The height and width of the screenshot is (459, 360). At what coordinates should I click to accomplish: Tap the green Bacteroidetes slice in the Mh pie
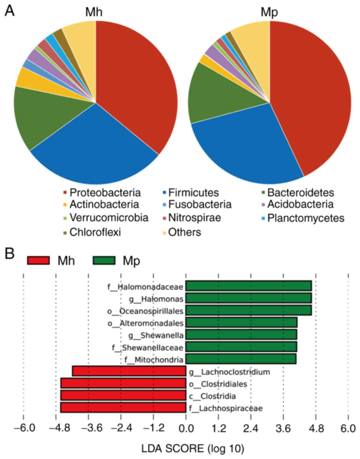36,114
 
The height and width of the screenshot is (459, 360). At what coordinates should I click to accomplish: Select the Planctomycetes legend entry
302,218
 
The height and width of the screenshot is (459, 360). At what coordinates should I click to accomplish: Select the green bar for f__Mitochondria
241,359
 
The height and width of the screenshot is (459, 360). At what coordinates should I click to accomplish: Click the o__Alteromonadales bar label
145,323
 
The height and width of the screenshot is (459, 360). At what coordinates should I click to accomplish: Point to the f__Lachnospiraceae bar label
226,408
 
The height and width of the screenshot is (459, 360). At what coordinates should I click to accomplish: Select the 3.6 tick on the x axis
283,428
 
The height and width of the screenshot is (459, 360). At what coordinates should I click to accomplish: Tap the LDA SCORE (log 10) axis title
193,449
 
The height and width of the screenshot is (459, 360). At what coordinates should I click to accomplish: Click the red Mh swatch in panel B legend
38,260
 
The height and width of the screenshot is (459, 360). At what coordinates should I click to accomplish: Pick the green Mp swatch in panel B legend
104,260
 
